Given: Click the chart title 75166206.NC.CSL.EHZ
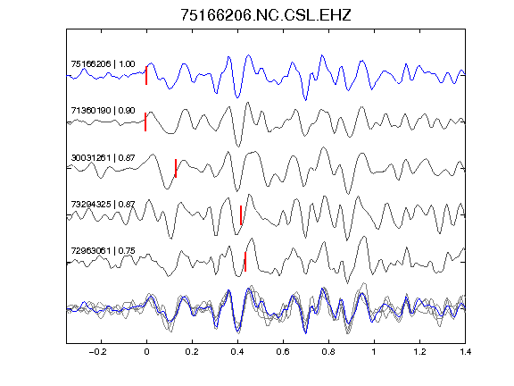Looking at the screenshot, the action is (266, 15).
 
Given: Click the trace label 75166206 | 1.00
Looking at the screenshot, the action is (103, 64).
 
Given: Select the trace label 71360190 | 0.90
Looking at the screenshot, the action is (103, 111).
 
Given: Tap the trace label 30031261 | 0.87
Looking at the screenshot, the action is (103, 158).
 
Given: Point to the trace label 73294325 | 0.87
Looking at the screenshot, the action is (103, 205).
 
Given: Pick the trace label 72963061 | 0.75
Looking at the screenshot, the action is (103, 251).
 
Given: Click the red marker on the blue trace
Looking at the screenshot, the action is (146, 75).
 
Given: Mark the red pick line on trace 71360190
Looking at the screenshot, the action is (145, 122).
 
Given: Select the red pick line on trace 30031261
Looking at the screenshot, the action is (176, 168).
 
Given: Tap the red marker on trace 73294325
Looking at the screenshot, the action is (241, 215).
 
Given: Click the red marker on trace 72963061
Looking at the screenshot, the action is (245, 262).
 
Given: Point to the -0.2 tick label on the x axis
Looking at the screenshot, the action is (97, 352).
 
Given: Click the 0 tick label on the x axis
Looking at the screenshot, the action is (146, 352).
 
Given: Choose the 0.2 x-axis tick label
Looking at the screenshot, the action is (192, 352).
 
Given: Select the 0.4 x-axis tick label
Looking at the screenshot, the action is (237, 352).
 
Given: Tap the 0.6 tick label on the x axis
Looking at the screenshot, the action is (283, 352).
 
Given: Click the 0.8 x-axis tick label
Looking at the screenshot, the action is (328, 352).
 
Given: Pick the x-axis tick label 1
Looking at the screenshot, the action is (374, 352).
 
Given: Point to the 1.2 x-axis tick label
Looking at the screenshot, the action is (419, 352).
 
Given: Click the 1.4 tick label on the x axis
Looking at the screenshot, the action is (465, 352).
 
